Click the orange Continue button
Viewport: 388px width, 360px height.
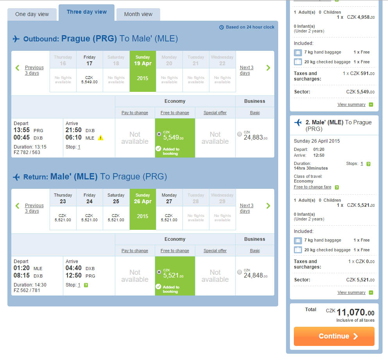click(x=334, y=336)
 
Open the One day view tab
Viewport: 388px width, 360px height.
click(x=32, y=14)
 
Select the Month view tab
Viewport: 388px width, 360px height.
click(x=138, y=14)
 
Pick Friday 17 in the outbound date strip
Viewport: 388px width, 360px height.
click(x=89, y=71)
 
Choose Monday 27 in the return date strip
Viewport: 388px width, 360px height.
click(x=169, y=209)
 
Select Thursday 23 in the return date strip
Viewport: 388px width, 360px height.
click(x=63, y=209)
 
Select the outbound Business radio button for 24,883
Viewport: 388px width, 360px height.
click(x=239, y=134)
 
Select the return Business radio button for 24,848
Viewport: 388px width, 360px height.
click(x=239, y=272)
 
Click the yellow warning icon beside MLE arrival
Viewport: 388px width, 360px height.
click(x=100, y=138)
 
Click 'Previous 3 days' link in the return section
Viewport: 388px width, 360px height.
click(x=34, y=208)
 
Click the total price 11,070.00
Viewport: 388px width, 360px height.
click(x=355, y=312)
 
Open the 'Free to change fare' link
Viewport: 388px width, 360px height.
click(x=312, y=187)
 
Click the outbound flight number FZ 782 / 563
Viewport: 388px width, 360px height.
click(x=27, y=152)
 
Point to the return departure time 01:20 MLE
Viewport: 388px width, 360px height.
click(x=28, y=268)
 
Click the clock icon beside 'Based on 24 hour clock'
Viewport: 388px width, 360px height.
click(x=222, y=27)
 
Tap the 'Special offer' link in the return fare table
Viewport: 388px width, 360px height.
click(x=215, y=251)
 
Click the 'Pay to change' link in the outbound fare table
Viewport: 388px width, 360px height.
click(x=135, y=113)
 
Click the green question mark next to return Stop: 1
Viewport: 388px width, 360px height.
click(x=86, y=285)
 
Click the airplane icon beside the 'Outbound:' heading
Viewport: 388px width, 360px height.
click(x=16, y=39)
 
